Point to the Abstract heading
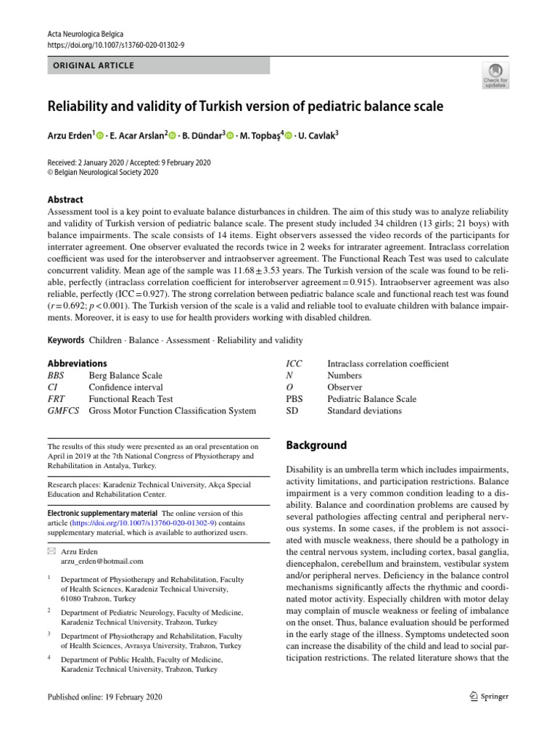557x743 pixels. coord(65,200)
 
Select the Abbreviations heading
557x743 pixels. coord(77,364)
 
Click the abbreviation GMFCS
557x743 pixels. coord(63,411)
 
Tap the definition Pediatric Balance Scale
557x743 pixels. coord(371,399)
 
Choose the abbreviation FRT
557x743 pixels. coord(57,399)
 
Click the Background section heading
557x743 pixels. coord(316,446)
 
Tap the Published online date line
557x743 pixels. coord(104,697)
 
